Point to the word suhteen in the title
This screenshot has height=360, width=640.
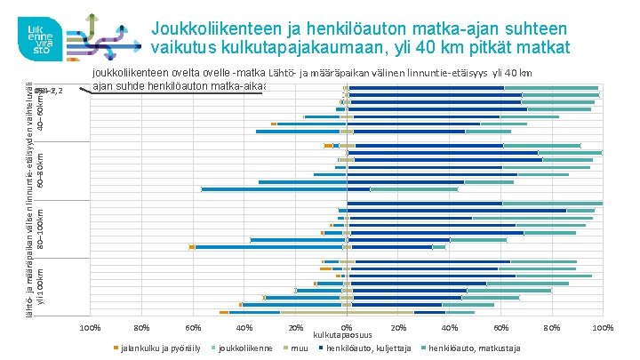(542, 28)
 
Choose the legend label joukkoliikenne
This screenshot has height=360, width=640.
(244, 347)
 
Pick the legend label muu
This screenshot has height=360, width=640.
(300, 347)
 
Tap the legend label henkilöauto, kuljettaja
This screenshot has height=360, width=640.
(364, 347)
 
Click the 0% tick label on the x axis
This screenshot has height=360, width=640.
(347, 329)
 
